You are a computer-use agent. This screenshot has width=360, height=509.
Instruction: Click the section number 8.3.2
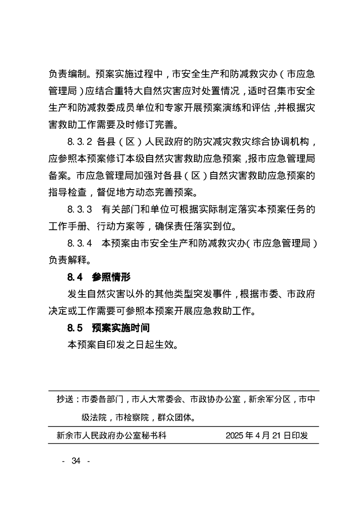point(80,142)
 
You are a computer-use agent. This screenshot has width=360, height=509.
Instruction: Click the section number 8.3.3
point(80,209)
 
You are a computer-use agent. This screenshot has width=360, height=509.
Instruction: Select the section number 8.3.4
point(80,243)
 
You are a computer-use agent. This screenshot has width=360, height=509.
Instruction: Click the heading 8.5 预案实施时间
point(108,328)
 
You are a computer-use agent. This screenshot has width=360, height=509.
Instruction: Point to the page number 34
point(76,461)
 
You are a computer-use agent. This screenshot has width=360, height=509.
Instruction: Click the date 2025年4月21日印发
point(266,436)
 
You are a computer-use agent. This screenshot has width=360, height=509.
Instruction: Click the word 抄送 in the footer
point(65,400)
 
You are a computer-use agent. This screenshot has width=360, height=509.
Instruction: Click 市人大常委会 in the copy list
point(158,400)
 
